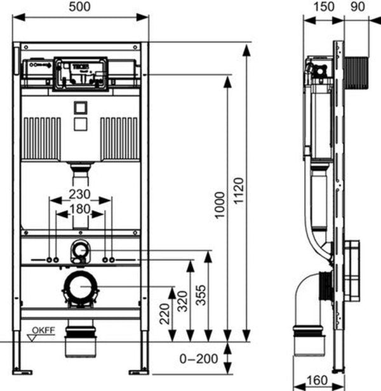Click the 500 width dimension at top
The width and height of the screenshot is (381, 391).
click(x=81, y=7)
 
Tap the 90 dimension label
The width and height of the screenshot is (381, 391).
click(x=358, y=7)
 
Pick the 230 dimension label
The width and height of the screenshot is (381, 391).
click(x=80, y=194)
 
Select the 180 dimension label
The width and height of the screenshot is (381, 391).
click(x=80, y=209)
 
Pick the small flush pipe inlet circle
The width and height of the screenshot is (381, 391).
click(x=80, y=249)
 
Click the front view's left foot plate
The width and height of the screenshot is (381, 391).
click(x=23, y=370)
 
